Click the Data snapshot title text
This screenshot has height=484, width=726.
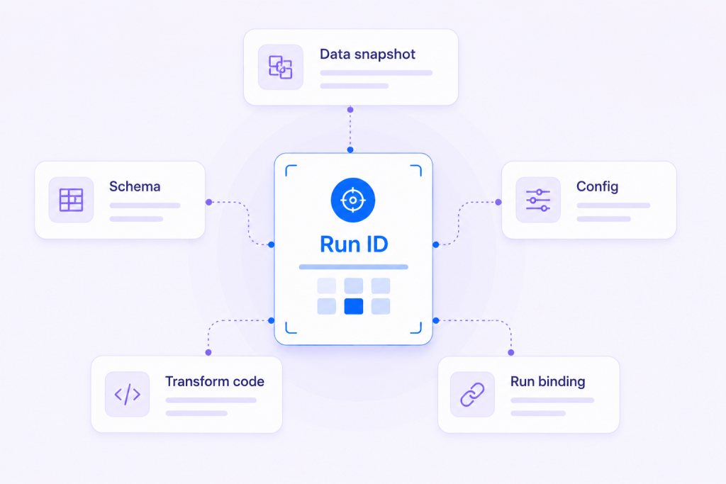tap(368, 55)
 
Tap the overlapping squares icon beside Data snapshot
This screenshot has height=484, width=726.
tap(281, 67)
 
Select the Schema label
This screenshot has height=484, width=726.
tap(135, 186)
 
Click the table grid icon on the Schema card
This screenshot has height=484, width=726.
tap(72, 200)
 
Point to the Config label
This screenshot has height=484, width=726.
tap(597, 186)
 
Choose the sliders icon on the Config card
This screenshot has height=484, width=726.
tap(538, 200)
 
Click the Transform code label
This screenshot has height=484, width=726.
tap(215, 381)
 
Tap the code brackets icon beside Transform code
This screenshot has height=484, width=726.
tap(128, 394)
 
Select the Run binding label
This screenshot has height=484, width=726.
tap(548, 381)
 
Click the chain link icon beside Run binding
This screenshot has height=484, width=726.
tap(472, 395)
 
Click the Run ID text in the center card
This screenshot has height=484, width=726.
tap(354, 244)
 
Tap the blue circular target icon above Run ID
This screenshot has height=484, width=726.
tap(353, 201)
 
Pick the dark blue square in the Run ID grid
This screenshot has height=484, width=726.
tap(354, 306)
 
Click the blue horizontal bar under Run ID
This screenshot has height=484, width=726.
tap(354, 267)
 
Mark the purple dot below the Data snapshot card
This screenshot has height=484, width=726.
tap(350, 110)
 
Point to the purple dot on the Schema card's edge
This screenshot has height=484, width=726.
tap(209, 202)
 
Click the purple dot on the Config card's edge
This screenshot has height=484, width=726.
tap(498, 202)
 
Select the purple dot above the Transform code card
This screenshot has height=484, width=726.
tap(208, 353)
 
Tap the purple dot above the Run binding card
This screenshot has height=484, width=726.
tap(511, 353)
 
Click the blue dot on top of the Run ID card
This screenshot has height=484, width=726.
tap(350, 150)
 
